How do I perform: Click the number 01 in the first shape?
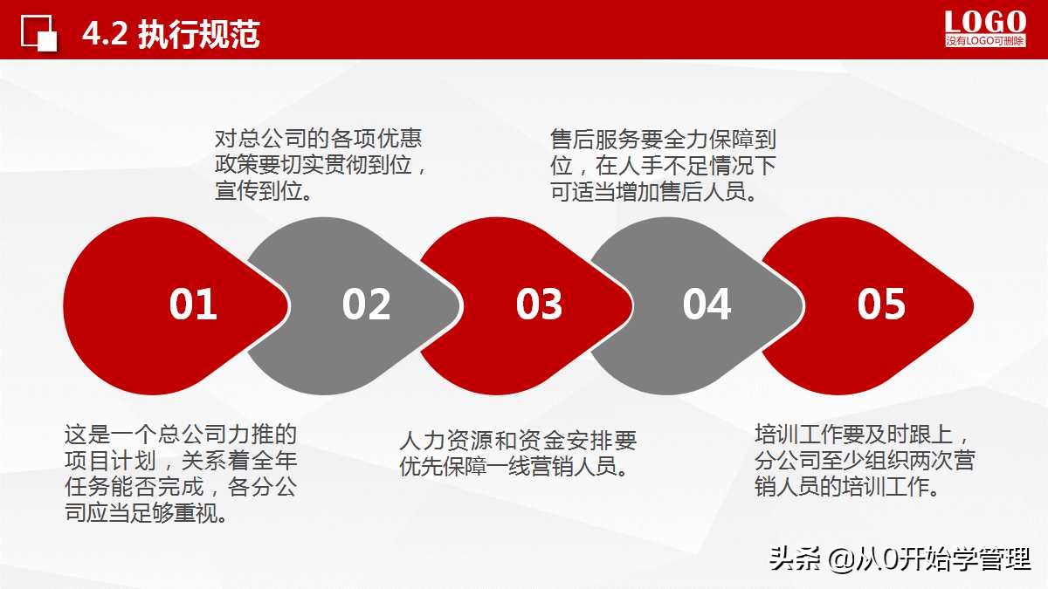coord(193,305)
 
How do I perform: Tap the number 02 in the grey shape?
coord(366,305)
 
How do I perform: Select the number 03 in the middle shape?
coord(539,305)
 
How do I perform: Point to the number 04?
coord(707,305)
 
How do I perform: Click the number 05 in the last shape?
coord(881,305)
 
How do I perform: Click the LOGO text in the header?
coord(985,22)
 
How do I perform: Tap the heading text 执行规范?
coord(199,35)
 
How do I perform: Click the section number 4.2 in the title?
coord(106,35)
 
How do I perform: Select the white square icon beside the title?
coord(39,34)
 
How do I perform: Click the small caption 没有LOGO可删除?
coord(985,41)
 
